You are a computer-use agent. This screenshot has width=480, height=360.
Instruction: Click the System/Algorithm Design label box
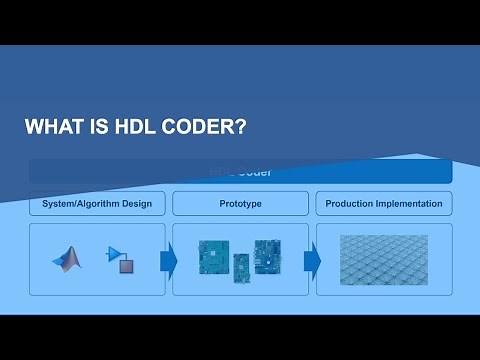tap(97, 204)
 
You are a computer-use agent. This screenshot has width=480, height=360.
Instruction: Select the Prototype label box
tap(240, 204)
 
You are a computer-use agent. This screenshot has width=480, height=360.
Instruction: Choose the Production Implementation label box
tap(384, 204)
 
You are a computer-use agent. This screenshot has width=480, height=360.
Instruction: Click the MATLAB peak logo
tap(67, 259)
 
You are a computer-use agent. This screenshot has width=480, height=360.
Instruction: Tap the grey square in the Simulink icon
tap(126, 265)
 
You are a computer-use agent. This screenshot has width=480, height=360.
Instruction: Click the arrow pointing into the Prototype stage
tap(168, 261)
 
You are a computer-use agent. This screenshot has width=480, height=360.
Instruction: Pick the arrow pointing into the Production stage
tap(312, 261)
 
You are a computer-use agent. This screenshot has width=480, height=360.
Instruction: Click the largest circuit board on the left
tap(214, 257)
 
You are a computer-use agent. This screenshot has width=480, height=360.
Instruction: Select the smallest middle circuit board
tap(241, 267)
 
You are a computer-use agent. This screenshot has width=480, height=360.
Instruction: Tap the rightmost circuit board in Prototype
tap(268, 255)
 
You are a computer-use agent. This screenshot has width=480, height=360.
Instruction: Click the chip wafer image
tap(384, 258)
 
